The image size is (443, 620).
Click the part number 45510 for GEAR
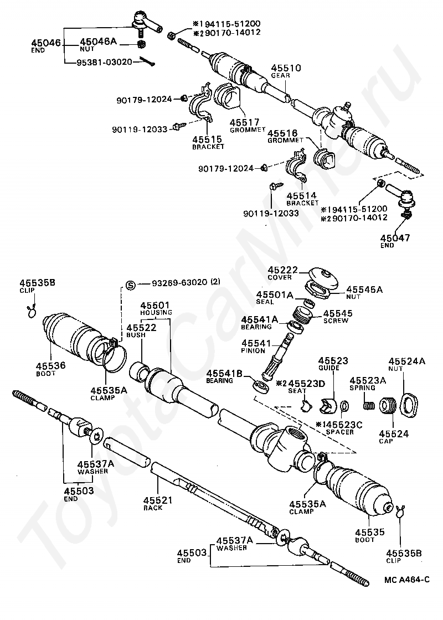286,68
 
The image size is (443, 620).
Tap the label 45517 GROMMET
247,125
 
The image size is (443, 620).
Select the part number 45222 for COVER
283,270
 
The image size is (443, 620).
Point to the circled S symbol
131,285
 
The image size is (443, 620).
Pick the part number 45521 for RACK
158,500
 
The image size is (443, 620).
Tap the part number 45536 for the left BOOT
50,365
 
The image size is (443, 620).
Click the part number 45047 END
395,237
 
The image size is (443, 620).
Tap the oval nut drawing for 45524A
410,405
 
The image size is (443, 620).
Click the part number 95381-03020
99,61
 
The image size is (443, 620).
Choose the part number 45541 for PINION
256,343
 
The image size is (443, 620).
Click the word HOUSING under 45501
156,312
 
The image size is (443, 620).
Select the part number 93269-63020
179,282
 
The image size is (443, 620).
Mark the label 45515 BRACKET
208,143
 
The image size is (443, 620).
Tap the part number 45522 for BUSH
142,328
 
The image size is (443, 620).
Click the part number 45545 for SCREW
338,313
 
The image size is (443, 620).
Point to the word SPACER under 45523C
340,432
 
